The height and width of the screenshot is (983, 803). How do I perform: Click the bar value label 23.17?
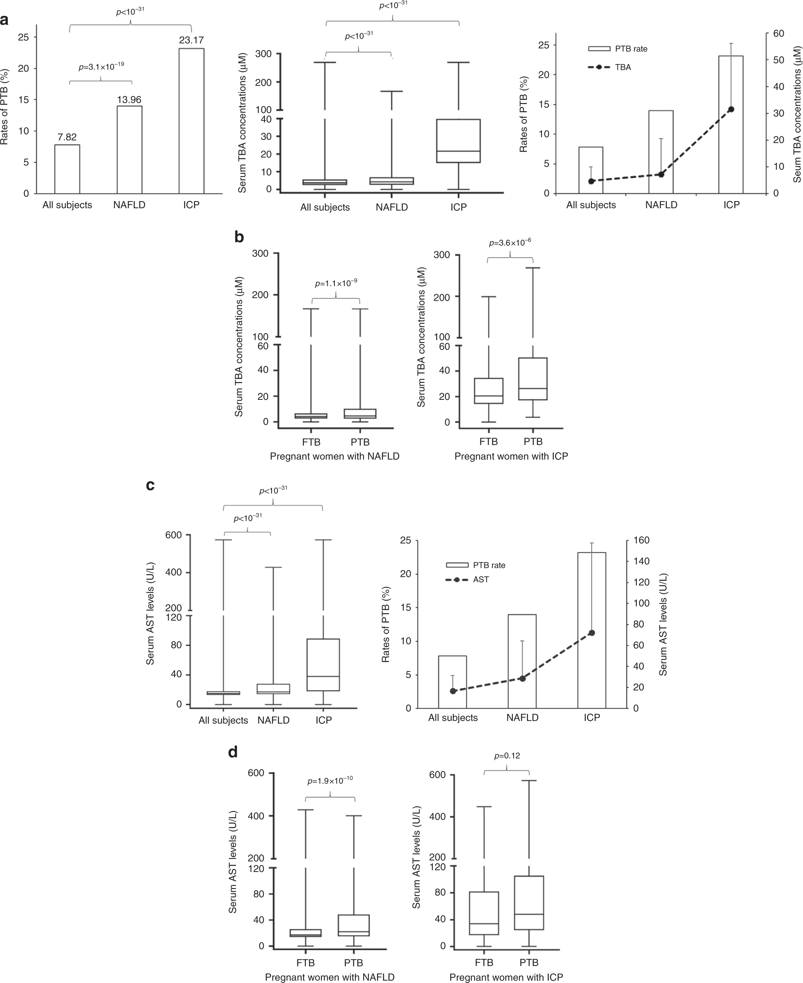click(191, 40)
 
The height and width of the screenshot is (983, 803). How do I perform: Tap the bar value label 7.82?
click(67, 137)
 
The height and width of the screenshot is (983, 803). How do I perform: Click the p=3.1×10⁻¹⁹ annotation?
click(101, 67)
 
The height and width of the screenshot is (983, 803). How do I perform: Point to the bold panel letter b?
click(239, 237)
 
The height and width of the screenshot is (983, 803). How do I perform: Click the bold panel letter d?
click(233, 752)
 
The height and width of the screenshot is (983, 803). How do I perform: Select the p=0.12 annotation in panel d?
click(507, 756)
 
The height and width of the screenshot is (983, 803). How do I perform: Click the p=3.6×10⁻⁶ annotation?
click(510, 243)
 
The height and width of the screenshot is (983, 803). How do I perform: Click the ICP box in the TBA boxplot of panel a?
click(459, 141)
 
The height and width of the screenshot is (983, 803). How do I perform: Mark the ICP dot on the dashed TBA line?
click(731, 109)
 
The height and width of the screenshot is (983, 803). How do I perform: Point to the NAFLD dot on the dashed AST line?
click(522, 678)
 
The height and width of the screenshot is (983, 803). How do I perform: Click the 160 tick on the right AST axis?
click(644, 540)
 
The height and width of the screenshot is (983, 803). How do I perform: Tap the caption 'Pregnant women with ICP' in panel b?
click(511, 456)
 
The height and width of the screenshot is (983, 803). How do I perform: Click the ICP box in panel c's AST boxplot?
click(323, 665)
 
